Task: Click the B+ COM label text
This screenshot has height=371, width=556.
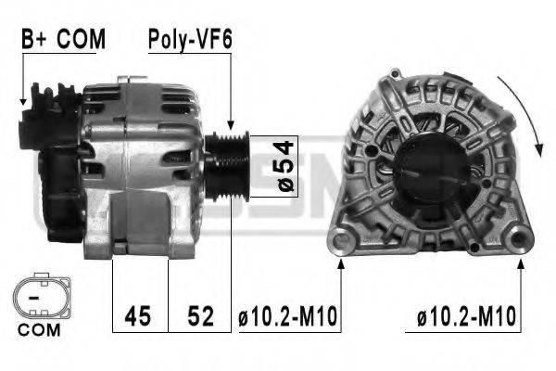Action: tap(63, 39)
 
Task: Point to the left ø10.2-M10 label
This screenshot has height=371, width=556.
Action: tap(288, 317)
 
